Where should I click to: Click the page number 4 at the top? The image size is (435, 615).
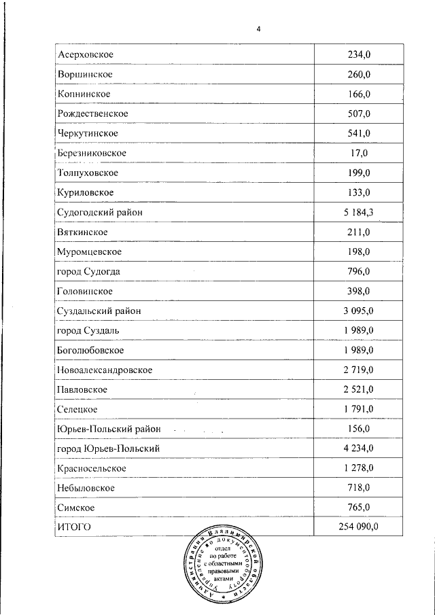259,29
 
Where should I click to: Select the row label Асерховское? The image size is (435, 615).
85,54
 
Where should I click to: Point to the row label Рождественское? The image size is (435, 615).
93,113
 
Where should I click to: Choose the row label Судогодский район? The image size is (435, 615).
100,213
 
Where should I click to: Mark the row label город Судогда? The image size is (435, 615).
90,272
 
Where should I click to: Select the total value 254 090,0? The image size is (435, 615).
358,527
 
